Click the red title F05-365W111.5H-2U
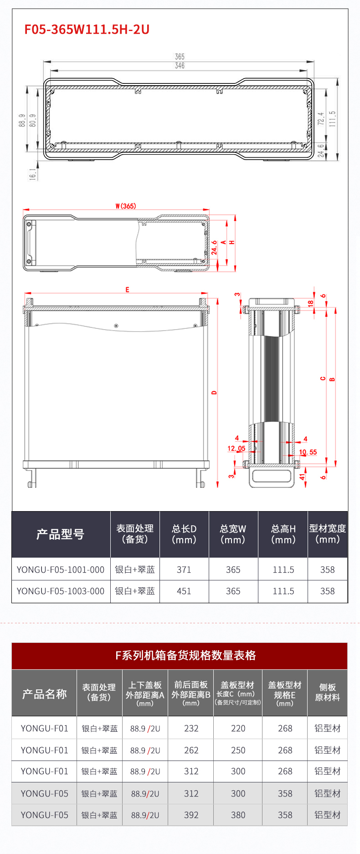[87, 30]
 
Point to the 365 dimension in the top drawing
[180, 57]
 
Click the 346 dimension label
[180, 66]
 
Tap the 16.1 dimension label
[32, 174]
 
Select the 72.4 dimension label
[321, 119]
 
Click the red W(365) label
[125, 206]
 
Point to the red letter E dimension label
[127, 290]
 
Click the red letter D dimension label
[214, 392]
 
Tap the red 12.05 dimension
[236, 448]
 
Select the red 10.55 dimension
[308, 452]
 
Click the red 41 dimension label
[302, 477]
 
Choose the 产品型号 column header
[61, 534]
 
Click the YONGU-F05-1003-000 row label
[61, 591]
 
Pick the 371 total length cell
[184, 570]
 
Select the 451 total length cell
[184, 591]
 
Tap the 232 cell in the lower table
[191, 729]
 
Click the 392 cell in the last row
[191, 815]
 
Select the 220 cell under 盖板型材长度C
[238, 729]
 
